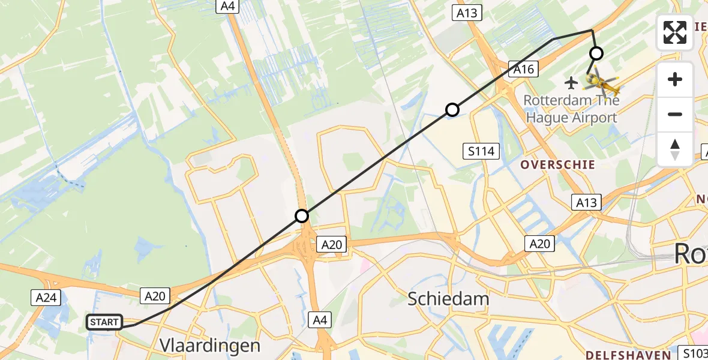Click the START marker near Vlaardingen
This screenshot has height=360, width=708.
104,322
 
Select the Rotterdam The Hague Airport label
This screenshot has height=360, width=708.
571,109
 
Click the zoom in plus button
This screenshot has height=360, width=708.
675,79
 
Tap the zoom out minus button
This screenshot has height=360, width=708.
675,114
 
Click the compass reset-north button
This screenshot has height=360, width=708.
675,149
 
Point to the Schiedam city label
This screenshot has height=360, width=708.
448,298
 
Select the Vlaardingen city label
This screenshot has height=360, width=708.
210,345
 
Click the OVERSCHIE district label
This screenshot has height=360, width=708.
557,164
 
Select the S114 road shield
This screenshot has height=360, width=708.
481,151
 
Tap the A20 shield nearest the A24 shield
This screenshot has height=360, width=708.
155,295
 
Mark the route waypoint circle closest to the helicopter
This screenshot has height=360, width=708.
596,53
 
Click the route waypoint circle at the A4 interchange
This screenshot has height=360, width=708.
302,216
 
